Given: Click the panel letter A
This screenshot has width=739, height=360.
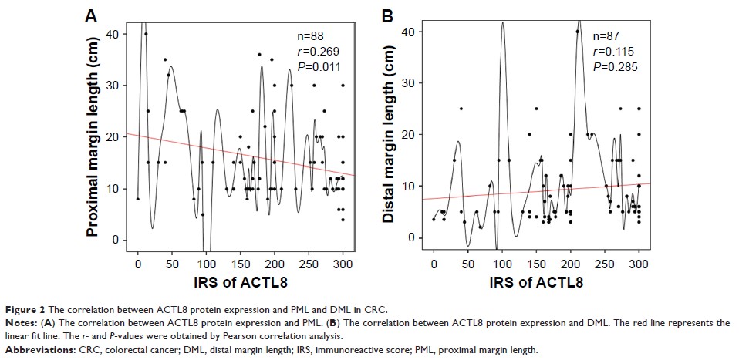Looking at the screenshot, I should [x=91, y=15].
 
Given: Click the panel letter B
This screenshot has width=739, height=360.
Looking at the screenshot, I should [x=388, y=15].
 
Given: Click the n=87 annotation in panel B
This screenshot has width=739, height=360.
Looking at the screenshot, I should [x=608, y=36].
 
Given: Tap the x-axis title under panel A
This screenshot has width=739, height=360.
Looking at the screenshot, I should [x=239, y=283].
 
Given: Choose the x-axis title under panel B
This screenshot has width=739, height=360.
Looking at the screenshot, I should [x=535, y=283].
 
